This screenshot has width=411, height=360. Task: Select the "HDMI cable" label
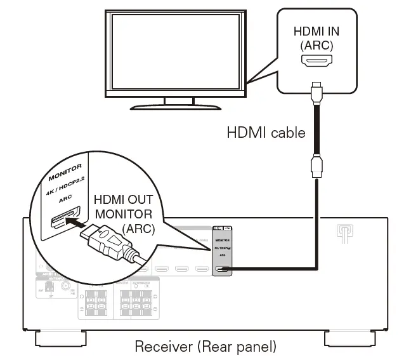[266, 133]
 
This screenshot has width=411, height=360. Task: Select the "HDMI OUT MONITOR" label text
[123, 206]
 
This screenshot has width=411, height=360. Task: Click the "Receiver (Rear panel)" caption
[205, 347]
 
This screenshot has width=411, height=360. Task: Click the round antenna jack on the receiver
[65, 287]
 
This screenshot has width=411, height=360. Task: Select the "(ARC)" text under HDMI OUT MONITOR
[139, 228]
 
